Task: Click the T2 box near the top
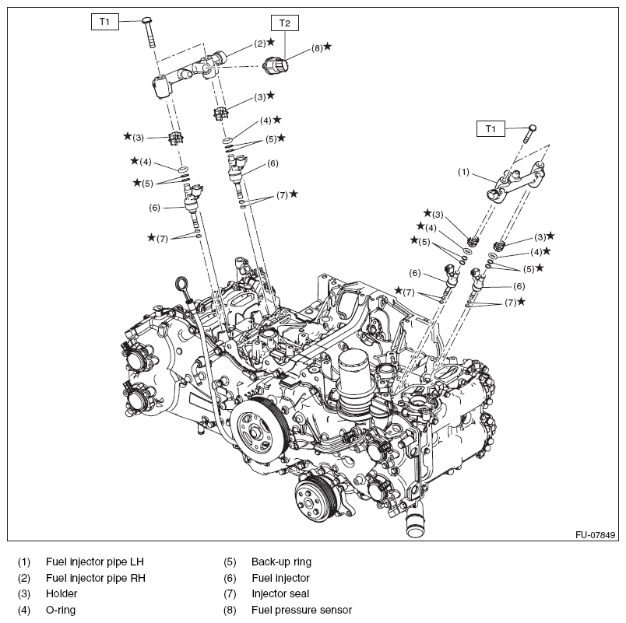click(x=284, y=23)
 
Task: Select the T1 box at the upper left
click(x=104, y=22)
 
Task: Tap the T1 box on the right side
click(x=490, y=128)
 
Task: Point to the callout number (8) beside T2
click(x=317, y=47)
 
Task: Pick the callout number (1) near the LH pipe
click(x=463, y=172)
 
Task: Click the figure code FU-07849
click(x=596, y=534)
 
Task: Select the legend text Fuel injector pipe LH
click(x=95, y=561)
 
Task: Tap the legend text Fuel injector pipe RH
click(x=96, y=577)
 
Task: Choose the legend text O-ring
click(x=61, y=610)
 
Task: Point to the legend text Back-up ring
click(x=281, y=561)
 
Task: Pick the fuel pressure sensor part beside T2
click(x=276, y=65)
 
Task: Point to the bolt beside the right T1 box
click(x=529, y=134)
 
